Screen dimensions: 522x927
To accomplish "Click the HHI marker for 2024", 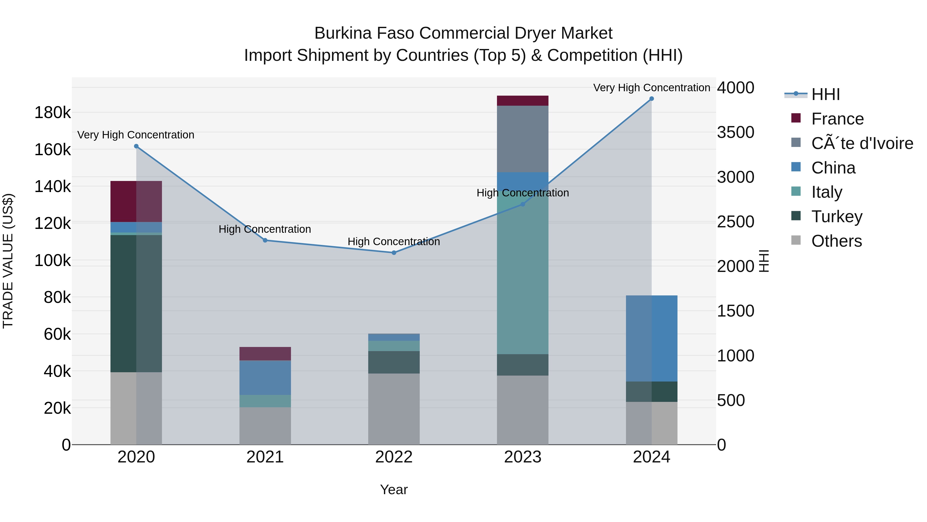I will (x=651, y=99).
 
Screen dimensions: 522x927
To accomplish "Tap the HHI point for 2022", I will (x=394, y=253).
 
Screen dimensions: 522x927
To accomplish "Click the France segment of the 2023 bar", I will (x=522, y=101).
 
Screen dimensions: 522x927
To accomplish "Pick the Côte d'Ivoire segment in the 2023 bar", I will (x=522, y=139).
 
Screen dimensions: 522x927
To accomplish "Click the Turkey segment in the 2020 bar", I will (x=136, y=303).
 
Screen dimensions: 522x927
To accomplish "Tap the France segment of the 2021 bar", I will (x=265, y=354).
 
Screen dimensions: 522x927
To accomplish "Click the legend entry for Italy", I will (x=827, y=192).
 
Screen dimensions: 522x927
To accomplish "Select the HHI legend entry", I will (x=825, y=94).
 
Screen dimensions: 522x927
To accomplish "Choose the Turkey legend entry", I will (x=837, y=217).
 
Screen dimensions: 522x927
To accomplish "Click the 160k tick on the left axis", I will (x=53, y=150).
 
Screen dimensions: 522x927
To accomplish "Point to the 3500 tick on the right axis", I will (x=736, y=132).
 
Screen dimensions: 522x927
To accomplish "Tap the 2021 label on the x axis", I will (x=265, y=457).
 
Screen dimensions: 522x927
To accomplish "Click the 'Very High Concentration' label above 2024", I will (x=651, y=88).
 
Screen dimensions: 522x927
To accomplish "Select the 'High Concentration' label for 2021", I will (x=265, y=229).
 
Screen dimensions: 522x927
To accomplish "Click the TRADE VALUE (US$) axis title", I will (x=8, y=261).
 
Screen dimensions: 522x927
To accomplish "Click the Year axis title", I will (x=394, y=490).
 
